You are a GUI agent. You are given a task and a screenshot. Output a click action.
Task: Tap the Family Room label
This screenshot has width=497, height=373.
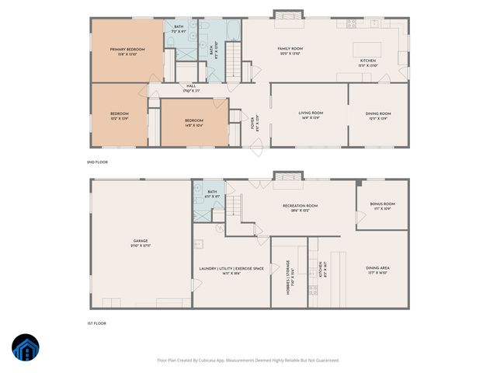(290, 51)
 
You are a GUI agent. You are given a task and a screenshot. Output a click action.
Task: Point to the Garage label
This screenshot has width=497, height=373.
(140, 242)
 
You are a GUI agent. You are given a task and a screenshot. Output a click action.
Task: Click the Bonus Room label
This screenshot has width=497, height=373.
(382, 206)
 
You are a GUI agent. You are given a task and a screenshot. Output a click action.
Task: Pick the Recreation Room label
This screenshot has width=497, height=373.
(299, 207)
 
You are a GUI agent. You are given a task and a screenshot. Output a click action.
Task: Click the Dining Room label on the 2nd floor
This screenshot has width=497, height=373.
(377, 116)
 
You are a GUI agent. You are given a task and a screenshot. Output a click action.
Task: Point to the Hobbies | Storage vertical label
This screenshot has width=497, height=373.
(288, 273)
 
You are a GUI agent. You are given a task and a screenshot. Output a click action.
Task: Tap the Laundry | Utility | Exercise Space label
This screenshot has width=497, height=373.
(231, 270)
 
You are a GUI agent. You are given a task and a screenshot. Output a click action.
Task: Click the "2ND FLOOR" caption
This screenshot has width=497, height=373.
(97, 162)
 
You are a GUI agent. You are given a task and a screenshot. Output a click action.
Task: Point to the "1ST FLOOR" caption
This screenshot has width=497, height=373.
(97, 322)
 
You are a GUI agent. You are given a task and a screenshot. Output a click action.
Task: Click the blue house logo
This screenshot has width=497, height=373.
(26, 348)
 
